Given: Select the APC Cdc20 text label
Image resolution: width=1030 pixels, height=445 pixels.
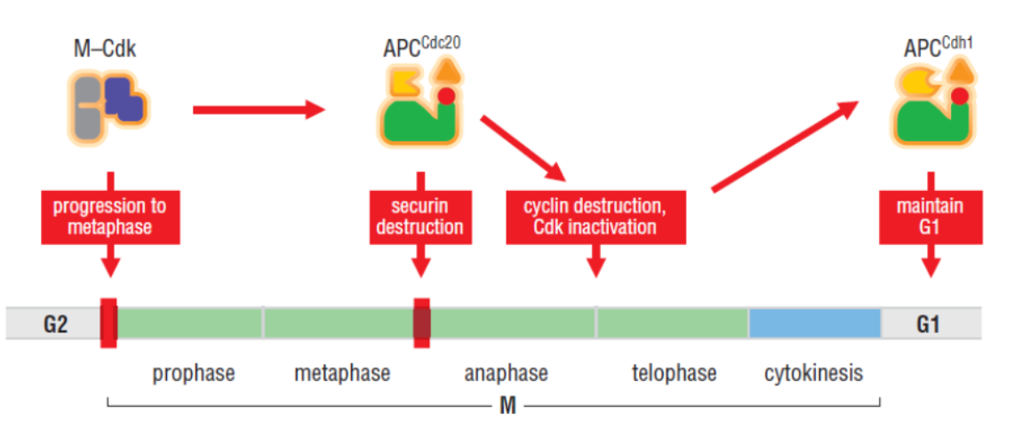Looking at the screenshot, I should point(420,45).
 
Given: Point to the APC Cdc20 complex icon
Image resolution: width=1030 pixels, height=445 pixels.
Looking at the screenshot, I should point(420,108).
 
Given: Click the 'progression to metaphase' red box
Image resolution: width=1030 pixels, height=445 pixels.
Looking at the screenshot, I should point(109,217).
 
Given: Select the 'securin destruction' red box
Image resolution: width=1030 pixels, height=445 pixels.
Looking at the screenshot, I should point(420,217).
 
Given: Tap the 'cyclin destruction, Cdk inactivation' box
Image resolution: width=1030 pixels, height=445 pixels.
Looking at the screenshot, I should point(595,217).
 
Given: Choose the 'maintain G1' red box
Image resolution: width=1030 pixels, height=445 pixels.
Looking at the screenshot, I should point(930,217).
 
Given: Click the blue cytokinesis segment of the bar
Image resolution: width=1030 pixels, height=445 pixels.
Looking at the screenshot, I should point(814,323).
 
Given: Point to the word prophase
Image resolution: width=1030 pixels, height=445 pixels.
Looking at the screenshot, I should point(193,373).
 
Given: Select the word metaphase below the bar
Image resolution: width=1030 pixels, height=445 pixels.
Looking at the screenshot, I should point(342,373).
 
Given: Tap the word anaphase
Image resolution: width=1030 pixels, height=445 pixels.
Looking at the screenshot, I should point(506,373).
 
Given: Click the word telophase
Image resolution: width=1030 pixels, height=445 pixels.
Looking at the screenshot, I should point(673,373).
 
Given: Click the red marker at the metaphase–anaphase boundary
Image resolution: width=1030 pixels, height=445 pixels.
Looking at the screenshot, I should point(422,323).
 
